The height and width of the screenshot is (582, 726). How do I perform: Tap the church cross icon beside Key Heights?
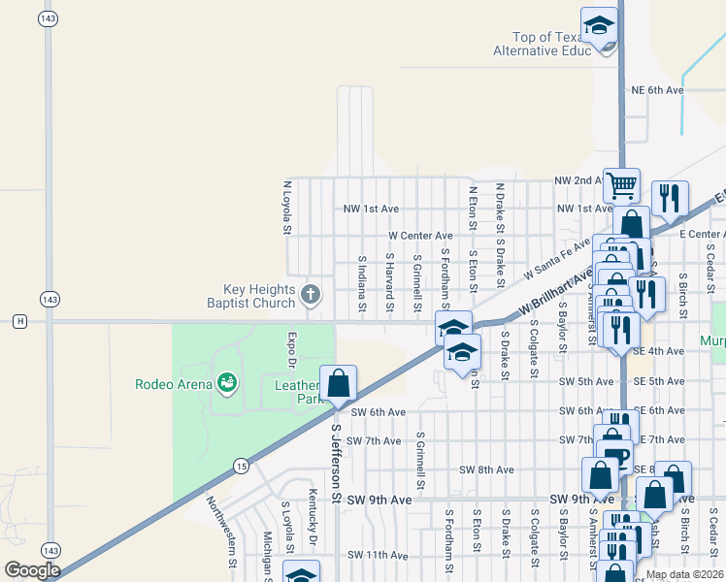coord(311,294)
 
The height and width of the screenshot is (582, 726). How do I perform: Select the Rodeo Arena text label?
coord(173,384)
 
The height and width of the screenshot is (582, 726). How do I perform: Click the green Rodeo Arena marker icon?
coord(227,384)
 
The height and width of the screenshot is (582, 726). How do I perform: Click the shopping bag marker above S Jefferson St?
coord(338,384)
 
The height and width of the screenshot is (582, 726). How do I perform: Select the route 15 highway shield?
coord(241,468)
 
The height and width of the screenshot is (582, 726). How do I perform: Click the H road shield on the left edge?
coord(19,321)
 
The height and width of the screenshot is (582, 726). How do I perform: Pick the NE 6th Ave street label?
coord(658,90)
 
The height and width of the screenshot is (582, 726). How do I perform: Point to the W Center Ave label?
coord(420,236)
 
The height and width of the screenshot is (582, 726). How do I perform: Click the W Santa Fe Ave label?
coord(557,259)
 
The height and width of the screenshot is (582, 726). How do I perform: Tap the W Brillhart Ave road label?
coord(555,294)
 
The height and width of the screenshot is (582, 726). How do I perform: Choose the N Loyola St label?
coord(287,207)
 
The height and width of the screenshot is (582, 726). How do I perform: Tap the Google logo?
coord(32,571)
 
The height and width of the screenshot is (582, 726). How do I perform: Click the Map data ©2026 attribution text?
coord(684,574)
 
